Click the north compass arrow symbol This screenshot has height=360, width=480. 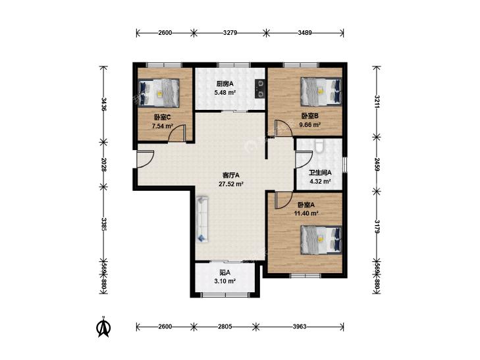(x=103, y=326)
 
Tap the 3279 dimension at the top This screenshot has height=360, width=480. (x=230, y=33)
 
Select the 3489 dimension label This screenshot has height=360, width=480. (x=305, y=33)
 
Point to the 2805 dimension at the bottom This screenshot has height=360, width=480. (x=225, y=326)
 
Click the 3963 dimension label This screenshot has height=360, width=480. (x=300, y=326)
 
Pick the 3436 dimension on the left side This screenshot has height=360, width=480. (x=104, y=104)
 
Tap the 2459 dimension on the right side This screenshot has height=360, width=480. (x=377, y=165)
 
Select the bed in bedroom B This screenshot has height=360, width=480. (x=321, y=91)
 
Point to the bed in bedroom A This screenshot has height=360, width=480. (x=321, y=240)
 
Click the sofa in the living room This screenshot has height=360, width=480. (x=202, y=219)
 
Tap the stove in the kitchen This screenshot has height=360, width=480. (x=260, y=89)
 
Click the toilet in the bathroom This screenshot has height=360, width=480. (x=320, y=146)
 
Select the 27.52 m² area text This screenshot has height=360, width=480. (x=231, y=184)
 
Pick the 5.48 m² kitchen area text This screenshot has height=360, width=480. (x=225, y=93)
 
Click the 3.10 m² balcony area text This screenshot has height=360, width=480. (x=225, y=281)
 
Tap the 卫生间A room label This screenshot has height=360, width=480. (x=320, y=172)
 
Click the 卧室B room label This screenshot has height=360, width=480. (x=310, y=116)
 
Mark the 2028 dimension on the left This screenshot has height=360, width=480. (x=104, y=165)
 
